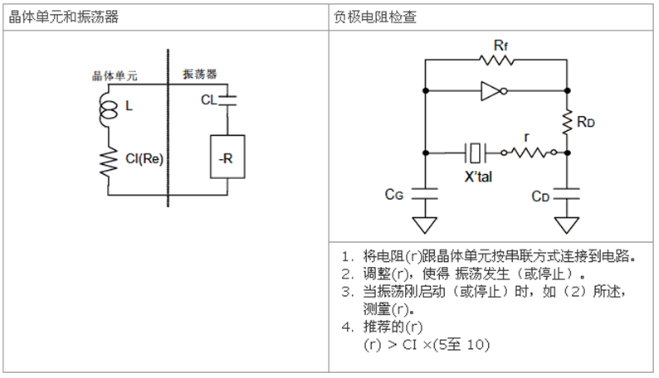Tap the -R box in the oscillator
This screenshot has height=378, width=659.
(x=227, y=157)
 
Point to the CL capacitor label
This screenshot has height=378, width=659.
(x=209, y=100)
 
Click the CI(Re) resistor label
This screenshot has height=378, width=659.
(x=144, y=160)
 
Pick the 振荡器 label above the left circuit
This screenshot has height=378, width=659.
(x=200, y=74)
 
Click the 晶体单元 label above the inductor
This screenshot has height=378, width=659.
(x=114, y=76)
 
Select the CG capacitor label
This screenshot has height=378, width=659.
(x=395, y=195)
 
